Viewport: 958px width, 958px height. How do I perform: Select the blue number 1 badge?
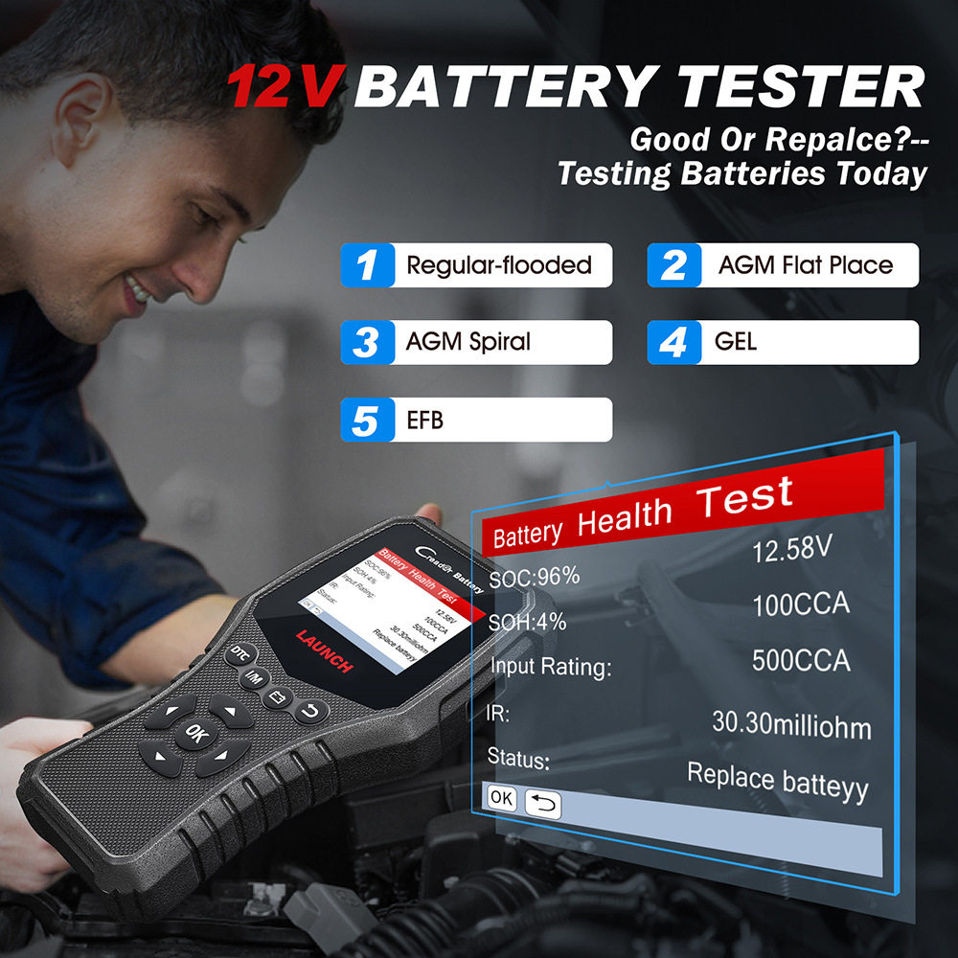(367, 265)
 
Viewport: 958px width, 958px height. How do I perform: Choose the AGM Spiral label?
(468, 342)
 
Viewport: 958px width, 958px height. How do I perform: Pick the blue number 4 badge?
(673, 342)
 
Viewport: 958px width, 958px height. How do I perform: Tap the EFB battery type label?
(424, 420)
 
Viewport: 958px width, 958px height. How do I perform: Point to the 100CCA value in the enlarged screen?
(800, 606)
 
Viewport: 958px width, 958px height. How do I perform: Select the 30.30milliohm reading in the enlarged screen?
(791, 722)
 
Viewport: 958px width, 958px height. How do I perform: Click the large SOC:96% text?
(535, 578)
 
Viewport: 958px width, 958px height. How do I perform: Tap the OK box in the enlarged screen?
(502, 796)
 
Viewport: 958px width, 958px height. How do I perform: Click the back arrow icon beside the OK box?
(543, 804)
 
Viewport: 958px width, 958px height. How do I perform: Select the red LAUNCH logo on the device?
(324, 650)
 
